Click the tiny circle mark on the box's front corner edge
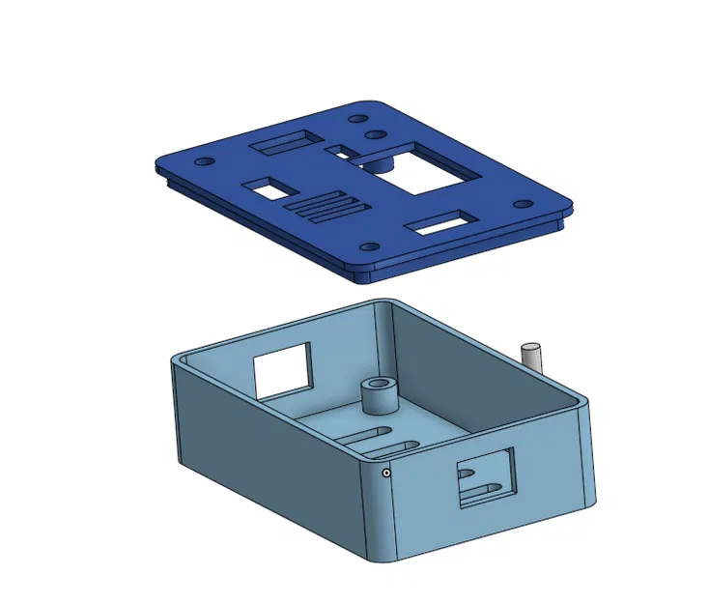point(386,473)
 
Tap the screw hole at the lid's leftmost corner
point(200,162)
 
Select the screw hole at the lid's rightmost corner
point(524,204)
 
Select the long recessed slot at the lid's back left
point(282,143)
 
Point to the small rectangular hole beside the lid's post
point(340,151)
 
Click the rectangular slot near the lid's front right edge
point(439,225)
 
